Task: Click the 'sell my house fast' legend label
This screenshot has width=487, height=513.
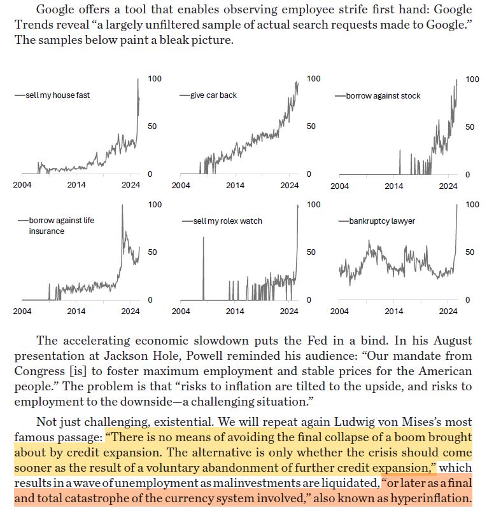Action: coord(57,95)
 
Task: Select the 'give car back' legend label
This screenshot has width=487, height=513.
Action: coord(214,95)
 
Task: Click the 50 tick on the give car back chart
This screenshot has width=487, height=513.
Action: coord(311,126)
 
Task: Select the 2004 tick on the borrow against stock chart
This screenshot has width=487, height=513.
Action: coord(339,186)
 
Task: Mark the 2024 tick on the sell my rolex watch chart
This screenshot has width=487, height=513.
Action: coord(290,311)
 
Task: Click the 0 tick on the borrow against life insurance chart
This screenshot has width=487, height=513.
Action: coord(149,299)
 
